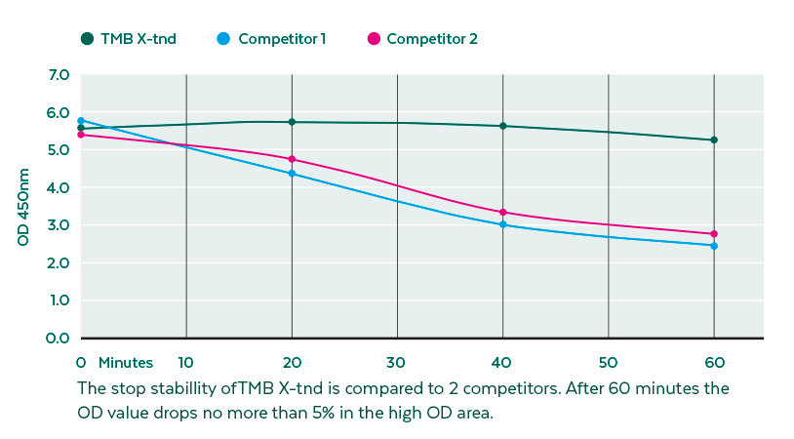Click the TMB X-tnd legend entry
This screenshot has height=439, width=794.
(x=128, y=39)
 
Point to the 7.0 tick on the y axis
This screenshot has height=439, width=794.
(x=59, y=75)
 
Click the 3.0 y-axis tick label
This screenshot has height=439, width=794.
(x=59, y=225)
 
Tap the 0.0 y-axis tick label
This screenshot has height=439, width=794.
(x=59, y=339)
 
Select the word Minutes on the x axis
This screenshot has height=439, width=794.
(x=125, y=363)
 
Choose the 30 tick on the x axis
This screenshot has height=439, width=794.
(x=397, y=363)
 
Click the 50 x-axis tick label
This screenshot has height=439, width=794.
(x=609, y=363)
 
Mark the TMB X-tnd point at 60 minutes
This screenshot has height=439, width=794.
(x=714, y=140)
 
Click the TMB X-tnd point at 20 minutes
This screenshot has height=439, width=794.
(x=292, y=122)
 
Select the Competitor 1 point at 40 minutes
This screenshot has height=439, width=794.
(x=503, y=224)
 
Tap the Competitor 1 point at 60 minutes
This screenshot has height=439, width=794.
(x=714, y=246)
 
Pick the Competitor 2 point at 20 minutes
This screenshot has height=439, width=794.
(x=292, y=159)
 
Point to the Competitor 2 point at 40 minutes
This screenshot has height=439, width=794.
(x=503, y=213)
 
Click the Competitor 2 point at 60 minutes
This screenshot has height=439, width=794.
(x=714, y=234)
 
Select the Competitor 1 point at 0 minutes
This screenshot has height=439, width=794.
(x=81, y=121)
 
